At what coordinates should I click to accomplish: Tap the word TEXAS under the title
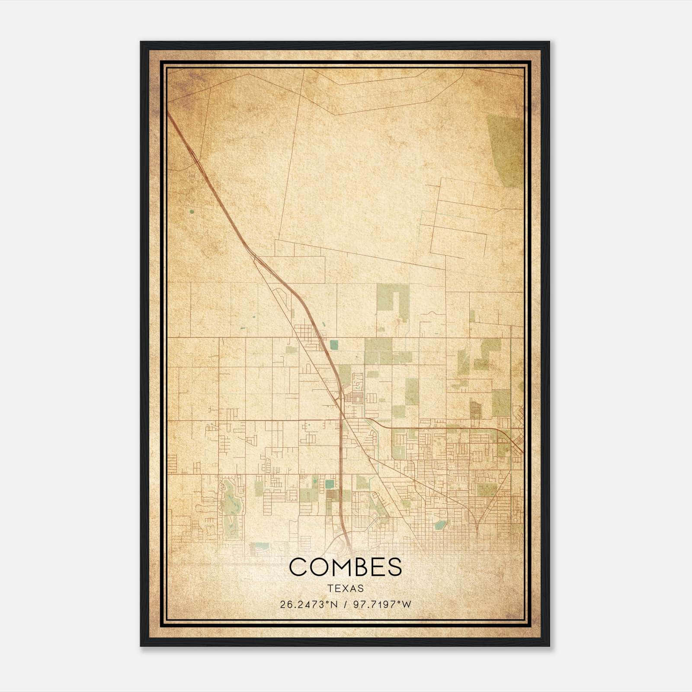coord(346,589)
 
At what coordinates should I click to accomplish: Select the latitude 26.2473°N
coord(308,605)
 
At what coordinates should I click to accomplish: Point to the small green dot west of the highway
coord(191,212)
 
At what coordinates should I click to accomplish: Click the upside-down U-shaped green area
coord(393,298)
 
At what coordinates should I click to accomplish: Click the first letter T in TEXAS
coord(330,589)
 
